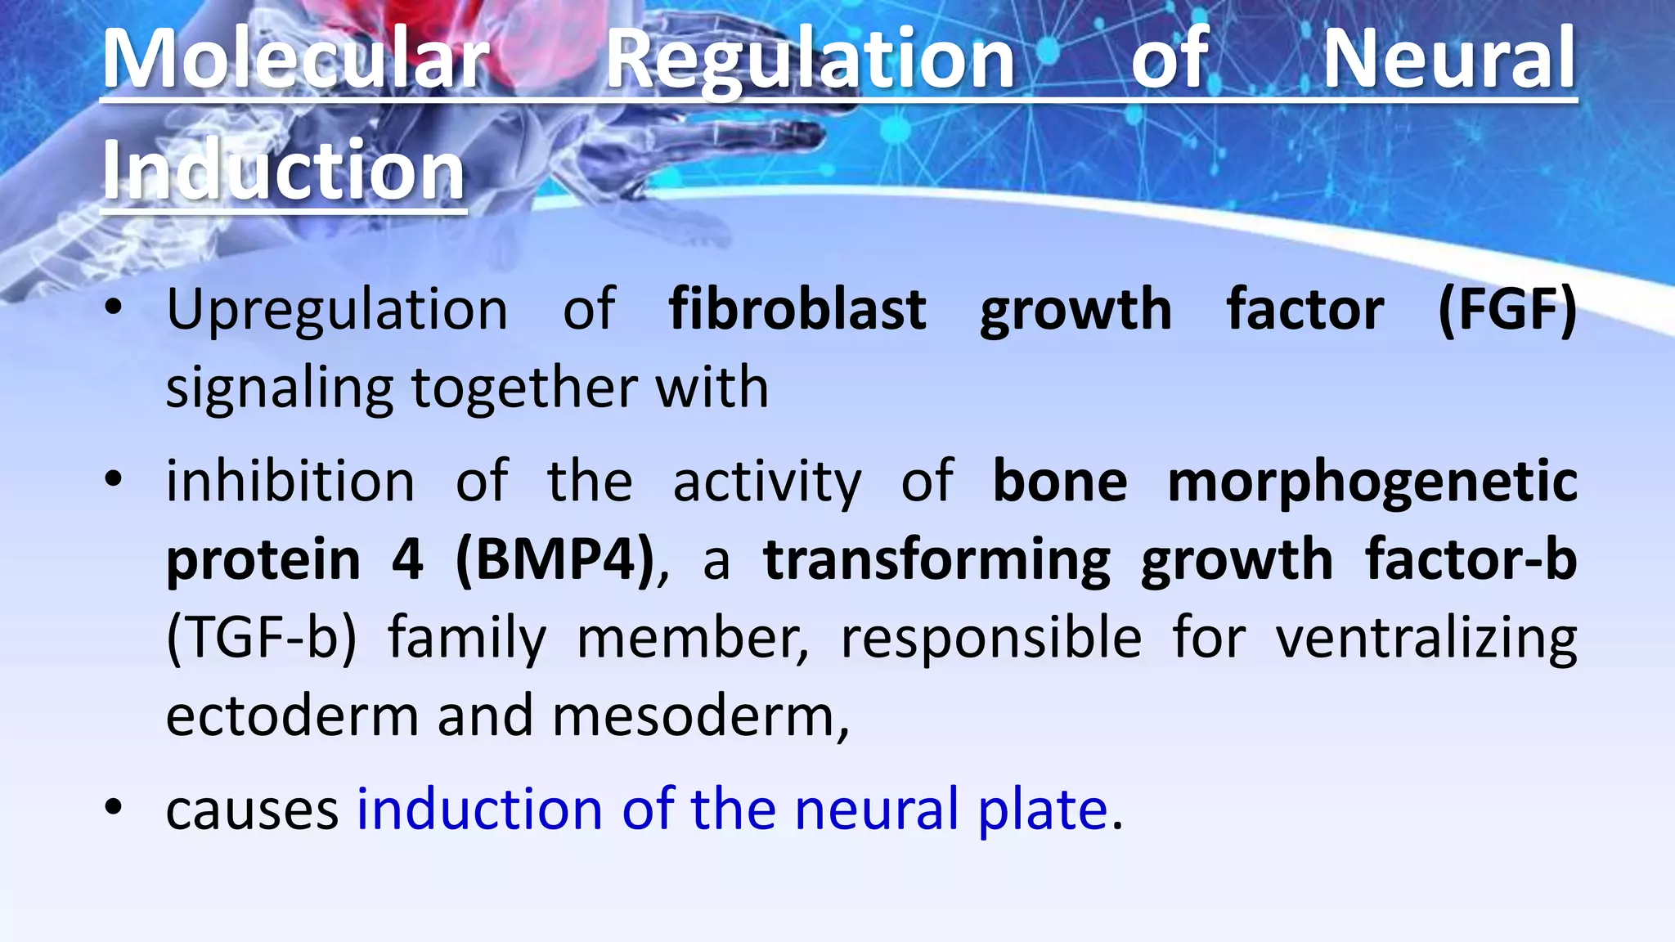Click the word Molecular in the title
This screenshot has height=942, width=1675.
pyautogui.click(x=296, y=59)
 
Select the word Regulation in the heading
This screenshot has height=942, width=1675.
pyautogui.click(x=810, y=59)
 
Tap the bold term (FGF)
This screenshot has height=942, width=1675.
pyautogui.click(x=1507, y=311)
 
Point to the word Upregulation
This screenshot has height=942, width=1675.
pyautogui.click(x=337, y=311)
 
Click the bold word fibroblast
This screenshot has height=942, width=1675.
pyautogui.click(x=797, y=311)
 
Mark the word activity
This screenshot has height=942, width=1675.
pyautogui.click(x=766, y=482)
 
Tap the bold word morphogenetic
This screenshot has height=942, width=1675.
pyautogui.click(x=1372, y=482)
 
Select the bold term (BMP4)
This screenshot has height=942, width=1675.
pyautogui.click(x=555, y=560)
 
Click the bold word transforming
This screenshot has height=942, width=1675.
pyautogui.click(x=936, y=562)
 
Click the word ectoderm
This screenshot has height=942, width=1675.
pyautogui.click(x=293, y=716)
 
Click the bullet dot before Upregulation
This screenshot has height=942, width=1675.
pyautogui.click(x=114, y=309)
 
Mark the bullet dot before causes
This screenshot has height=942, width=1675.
pyautogui.click(x=114, y=808)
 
